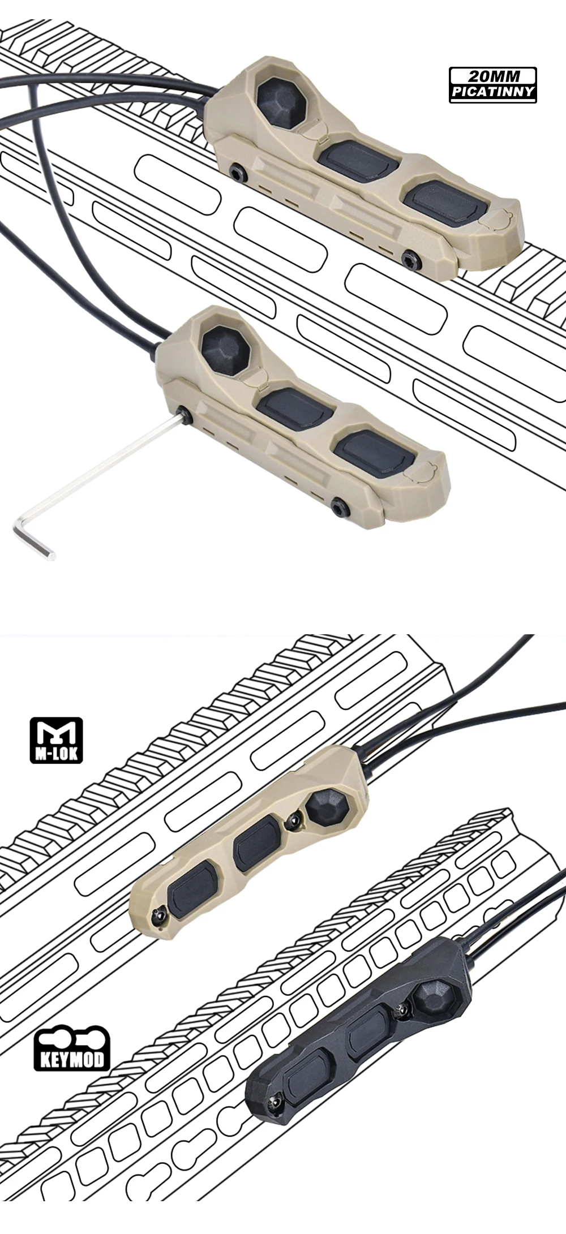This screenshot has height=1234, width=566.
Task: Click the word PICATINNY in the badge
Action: tap(493, 92)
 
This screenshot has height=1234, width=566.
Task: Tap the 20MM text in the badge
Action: tap(493, 76)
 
